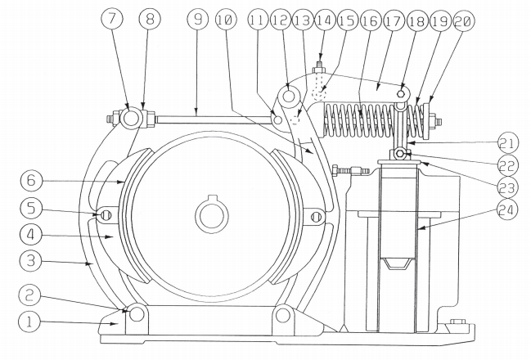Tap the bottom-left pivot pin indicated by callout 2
point(136,315)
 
